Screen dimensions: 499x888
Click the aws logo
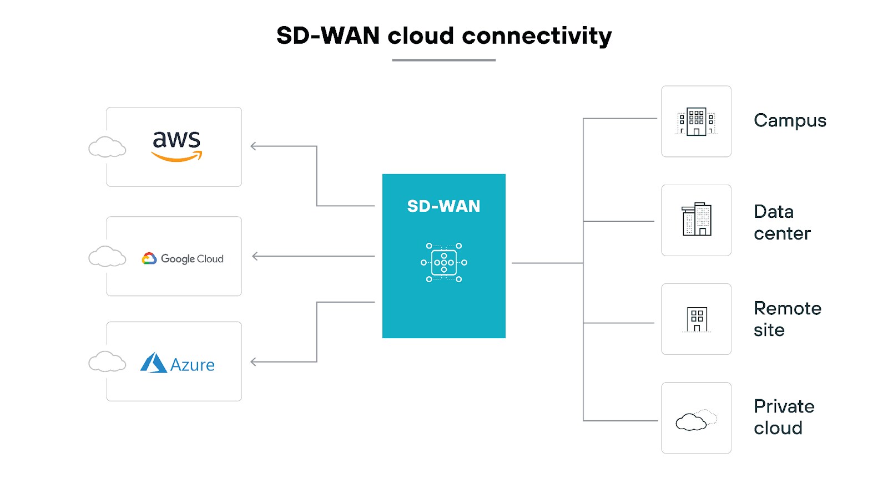pos(176,146)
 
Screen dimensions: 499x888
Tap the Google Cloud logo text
pos(191,259)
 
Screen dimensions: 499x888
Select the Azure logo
pos(177,363)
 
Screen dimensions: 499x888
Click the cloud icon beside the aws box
pos(107,147)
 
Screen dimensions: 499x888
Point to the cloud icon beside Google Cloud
pos(107,257)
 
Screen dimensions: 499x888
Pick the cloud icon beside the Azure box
pos(107,361)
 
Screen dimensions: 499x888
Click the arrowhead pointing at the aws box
pos(254,146)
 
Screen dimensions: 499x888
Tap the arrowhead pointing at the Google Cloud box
pos(255,256)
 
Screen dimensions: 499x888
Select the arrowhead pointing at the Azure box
pos(254,362)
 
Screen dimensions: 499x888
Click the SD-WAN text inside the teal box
pos(443,206)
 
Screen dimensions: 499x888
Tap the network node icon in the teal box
pos(443,263)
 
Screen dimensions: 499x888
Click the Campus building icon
pos(696,121)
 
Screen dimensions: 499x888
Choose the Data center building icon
pos(696,220)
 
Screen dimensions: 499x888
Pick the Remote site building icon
pos(697,319)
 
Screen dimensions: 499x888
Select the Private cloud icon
pos(695,420)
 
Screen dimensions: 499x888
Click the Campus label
pos(789,121)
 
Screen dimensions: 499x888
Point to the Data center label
pos(781,222)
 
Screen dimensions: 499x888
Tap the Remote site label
pos(786,319)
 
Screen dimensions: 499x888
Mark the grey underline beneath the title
pos(443,60)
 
